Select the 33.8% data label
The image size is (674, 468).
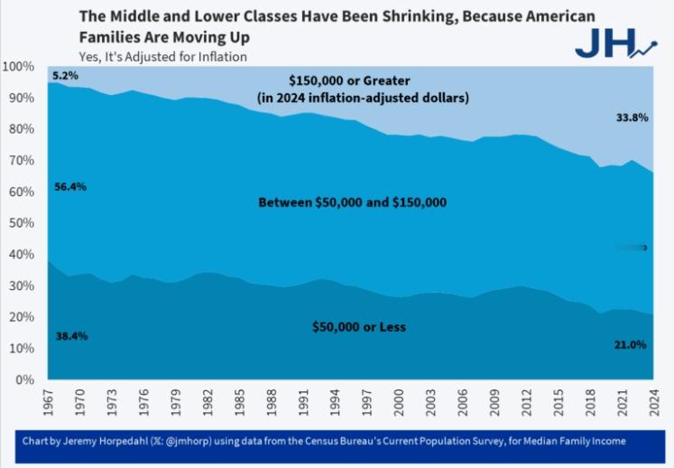click(630, 117)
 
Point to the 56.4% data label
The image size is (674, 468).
click(70, 187)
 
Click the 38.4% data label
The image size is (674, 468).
click(70, 335)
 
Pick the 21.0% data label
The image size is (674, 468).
click(629, 344)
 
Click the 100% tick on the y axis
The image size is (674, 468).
click(19, 67)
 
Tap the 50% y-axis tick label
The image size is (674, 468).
click(22, 223)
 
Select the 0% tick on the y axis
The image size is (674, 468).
click(25, 379)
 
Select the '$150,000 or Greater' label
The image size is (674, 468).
click(378, 80)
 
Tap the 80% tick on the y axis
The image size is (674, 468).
click(22, 129)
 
